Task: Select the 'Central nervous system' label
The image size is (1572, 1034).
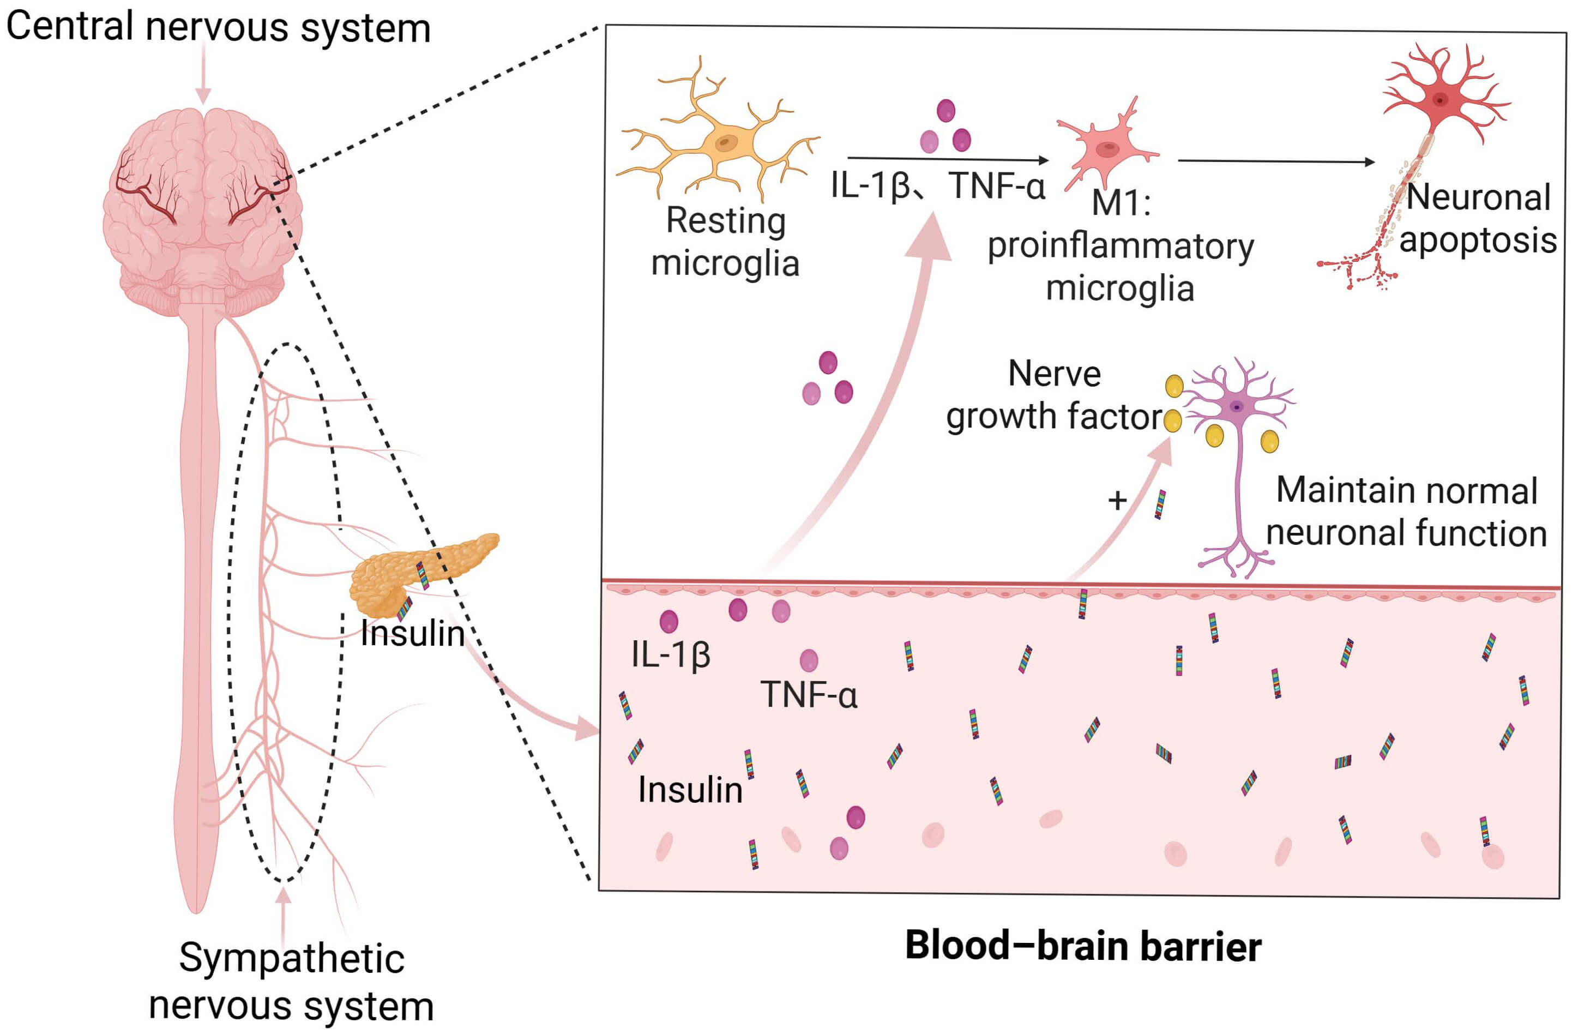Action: (x=218, y=28)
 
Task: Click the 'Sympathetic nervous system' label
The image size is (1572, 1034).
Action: (x=291, y=981)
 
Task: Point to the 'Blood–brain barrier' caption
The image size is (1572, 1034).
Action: (x=1083, y=946)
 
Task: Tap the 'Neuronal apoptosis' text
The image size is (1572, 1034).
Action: (x=1478, y=219)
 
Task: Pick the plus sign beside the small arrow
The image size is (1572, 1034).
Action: (x=1117, y=500)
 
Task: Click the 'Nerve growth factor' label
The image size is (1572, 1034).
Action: (x=1054, y=395)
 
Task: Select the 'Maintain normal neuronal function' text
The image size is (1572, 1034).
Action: (x=1407, y=512)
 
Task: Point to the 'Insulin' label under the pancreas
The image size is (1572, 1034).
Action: (x=413, y=634)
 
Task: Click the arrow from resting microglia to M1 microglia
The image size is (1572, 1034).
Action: (x=948, y=159)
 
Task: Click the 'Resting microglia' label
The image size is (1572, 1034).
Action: (x=725, y=242)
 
